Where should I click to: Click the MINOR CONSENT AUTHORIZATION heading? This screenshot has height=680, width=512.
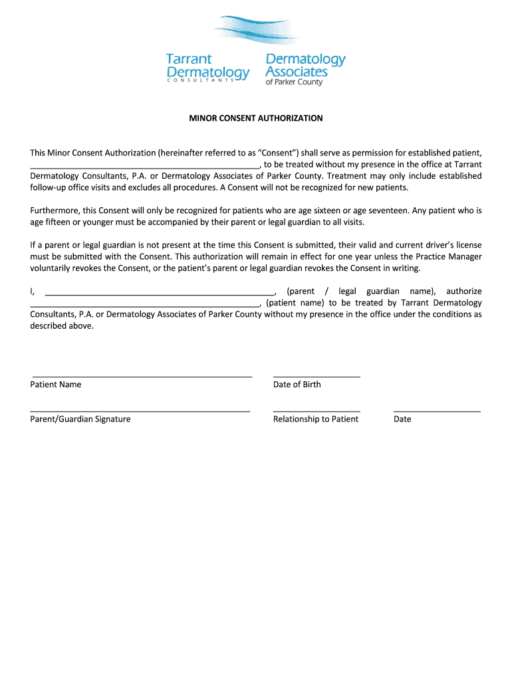(x=256, y=118)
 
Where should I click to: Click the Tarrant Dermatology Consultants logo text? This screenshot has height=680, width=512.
(x=207, y=67)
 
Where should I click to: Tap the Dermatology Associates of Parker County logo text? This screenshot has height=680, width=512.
(x=305, y=68)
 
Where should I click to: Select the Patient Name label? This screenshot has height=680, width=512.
(x=56, y=384)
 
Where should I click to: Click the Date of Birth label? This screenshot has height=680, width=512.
(x=297, y=384)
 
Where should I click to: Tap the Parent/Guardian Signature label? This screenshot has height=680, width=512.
(x=80, y=419)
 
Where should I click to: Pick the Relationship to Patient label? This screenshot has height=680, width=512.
(x=315, y=419)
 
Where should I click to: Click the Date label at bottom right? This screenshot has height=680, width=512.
(x=402, y=419)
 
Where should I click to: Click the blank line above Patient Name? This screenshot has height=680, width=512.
(x=142, y=376)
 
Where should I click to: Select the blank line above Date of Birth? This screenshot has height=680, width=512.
(x=317, y=376)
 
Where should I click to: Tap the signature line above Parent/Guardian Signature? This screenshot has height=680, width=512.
(x=140, y=411)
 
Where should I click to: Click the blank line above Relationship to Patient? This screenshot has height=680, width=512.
(x=317, y=411)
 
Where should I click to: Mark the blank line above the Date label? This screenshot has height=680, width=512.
(x=437, y=411)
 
